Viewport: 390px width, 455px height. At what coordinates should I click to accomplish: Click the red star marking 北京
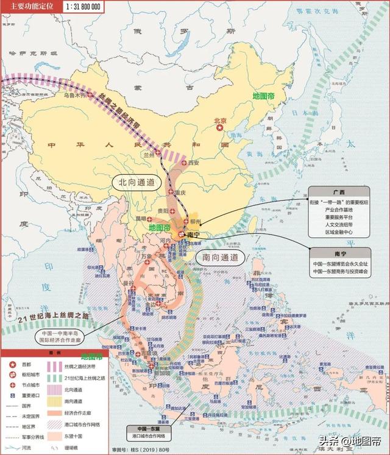click(220, 130)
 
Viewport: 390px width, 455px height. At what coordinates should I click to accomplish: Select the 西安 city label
click(194, 163)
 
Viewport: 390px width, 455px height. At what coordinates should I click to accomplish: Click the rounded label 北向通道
click(135, 182)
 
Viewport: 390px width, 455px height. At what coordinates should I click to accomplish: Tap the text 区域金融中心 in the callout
click(339, 232)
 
